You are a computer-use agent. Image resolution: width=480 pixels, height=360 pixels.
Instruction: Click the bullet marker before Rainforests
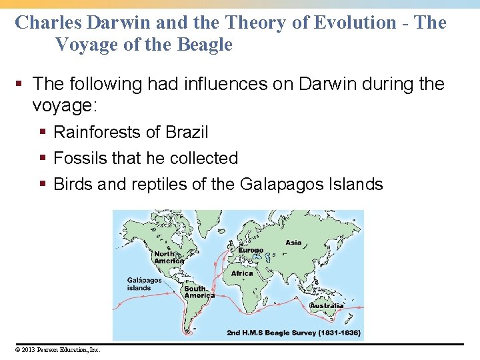click(43, 132)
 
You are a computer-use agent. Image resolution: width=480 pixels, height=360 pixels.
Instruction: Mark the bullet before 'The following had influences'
click(22, 84)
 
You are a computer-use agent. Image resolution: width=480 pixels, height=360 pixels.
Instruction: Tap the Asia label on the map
click(293, 243)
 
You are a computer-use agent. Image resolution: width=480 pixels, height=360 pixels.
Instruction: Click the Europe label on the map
click(247, 251)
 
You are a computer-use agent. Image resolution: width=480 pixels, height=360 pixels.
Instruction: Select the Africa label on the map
click(242, 273)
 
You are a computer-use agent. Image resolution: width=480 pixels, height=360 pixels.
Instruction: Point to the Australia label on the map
click(327, 306)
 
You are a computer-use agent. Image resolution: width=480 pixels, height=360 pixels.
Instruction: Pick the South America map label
click(199, 292)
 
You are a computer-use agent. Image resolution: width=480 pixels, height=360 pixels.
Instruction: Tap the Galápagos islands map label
click(144, 285)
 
